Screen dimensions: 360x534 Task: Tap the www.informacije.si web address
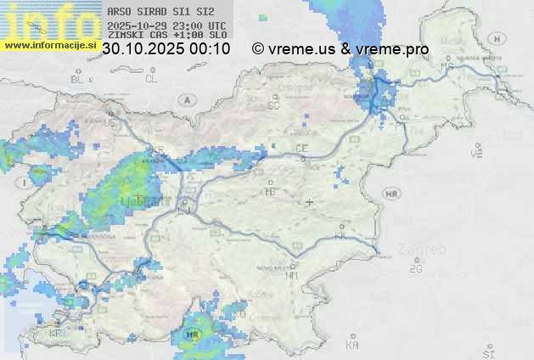point(50,44)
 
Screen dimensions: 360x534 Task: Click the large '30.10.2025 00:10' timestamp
point(166,49)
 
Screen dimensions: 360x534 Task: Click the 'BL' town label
point(78,79)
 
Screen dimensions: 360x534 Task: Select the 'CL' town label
point(151,79)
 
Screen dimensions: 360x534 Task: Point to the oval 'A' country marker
point(186,99)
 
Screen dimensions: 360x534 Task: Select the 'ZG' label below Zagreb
point(415,269)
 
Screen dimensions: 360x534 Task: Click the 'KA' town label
point(351,346)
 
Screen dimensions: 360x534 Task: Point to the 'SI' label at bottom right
point(487,352)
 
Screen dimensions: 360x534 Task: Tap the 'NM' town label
point(293,275)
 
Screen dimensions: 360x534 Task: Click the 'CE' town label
point(301,149)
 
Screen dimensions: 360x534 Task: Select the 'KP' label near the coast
point(56,334)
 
